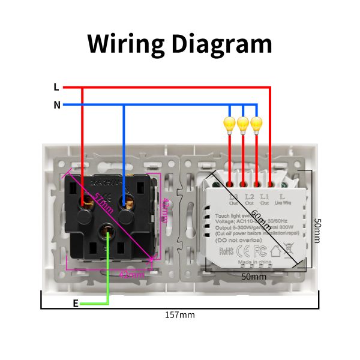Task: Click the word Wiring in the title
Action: tap(125, 44)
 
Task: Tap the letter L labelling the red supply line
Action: tap(56, 87)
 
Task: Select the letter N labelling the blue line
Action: tap(56, 105)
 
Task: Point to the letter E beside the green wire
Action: tap(76, 304)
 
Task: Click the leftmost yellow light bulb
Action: tap(229, 124)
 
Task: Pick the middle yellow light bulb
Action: tap(243, 124)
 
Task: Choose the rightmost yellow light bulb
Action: tap(257, 124)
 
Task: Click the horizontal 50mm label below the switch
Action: tap(254, 277)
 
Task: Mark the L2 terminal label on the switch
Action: tap(249, 196)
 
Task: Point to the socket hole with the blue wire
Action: tap(127, 203)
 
